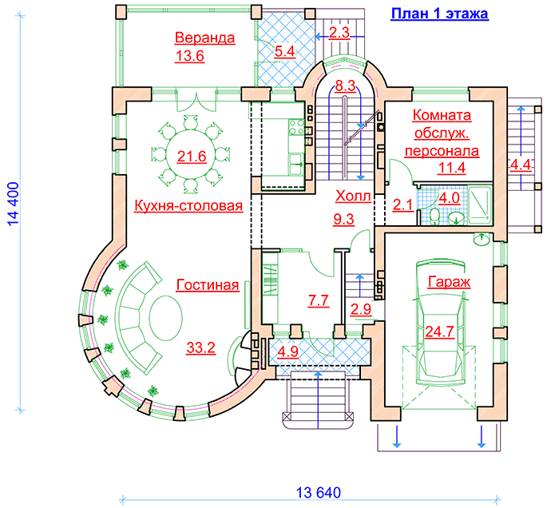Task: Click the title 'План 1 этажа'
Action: click(x=438, y=14)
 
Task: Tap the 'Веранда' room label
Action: click(x=205, y=38)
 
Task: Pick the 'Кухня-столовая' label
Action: click(x=188, y=206)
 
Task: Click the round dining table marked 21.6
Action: click(x=192, y=156)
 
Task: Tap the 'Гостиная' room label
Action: click(x=208, y=285)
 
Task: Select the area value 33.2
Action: click(x=201, y=347)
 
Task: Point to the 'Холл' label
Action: click(x=352, y=196)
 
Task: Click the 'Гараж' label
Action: click(x=449, y=282)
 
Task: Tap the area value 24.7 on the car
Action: click(x=440, y=331)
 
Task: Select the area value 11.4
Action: click(x=451, y=168)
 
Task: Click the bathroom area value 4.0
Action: click(x=450, y=197)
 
